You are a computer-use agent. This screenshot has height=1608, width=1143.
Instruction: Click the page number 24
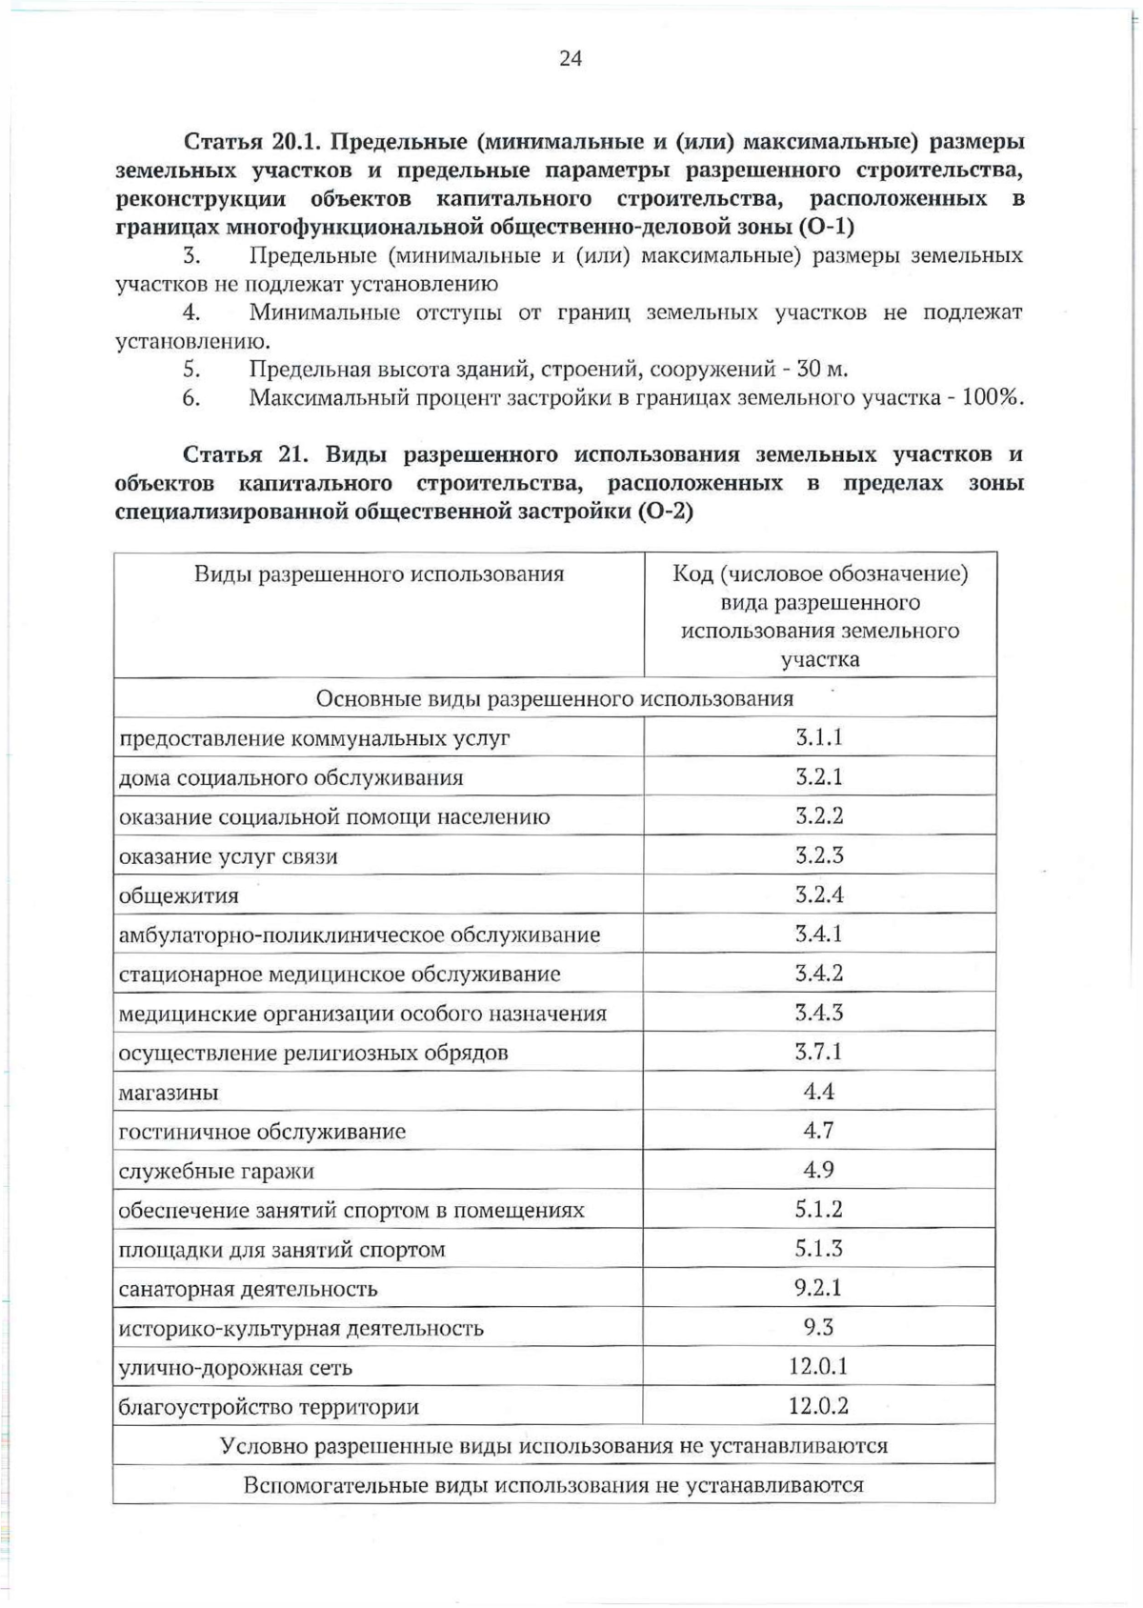coord(570,58)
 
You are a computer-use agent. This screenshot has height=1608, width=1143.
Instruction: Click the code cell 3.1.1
coord(819,737)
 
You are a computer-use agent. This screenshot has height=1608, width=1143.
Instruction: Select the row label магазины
coord(169,1093)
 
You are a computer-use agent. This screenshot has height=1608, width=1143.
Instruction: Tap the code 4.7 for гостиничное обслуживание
coord(819,1131)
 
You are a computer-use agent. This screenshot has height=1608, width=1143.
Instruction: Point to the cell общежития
coord(179,895)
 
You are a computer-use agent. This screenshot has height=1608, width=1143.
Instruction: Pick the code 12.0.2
coord(818,1405)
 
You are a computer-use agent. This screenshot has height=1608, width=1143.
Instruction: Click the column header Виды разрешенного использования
coord(379,573)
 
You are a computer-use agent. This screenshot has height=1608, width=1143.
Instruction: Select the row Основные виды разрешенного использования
coord(554,698)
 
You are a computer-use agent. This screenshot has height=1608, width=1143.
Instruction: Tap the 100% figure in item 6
coord(992,397)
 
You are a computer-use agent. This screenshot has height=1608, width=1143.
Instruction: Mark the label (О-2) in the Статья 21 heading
coord(663,512)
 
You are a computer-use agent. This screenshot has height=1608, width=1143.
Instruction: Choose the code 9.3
coord(819,1327)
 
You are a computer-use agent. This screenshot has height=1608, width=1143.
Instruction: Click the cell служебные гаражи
coord(216,1171)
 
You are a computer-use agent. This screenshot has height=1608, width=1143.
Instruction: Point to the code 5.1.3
coord(819,1248)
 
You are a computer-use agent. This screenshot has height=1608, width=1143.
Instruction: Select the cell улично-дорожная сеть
coord(235,1367)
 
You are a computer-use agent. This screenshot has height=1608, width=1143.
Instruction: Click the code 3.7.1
coord(819,1052)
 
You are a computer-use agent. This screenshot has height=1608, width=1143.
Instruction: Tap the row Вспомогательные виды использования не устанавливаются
coord(554,1484)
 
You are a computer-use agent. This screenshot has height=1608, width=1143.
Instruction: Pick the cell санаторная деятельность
coord(248,1289)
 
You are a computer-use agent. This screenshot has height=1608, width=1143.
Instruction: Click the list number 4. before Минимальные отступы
coord(191,312)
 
